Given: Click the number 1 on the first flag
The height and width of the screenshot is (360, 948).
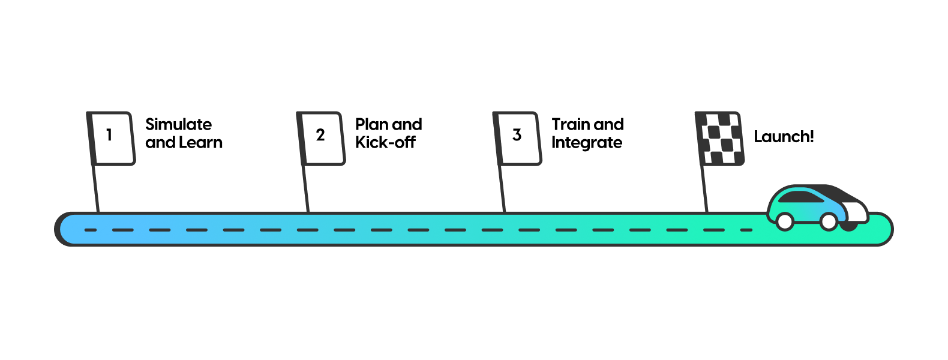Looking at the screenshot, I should coord(109,135).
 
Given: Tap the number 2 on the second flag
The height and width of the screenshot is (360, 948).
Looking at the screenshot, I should coord(320,135).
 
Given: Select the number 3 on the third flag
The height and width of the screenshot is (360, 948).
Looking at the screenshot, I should coord(517,135).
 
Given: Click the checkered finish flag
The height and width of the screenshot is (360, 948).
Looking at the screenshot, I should coord(721,139).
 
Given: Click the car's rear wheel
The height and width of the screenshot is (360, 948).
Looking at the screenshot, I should coord(785,221).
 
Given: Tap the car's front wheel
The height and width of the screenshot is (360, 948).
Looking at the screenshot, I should coord(829,221).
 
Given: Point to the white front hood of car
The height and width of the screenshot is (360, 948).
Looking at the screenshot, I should coord(855,211).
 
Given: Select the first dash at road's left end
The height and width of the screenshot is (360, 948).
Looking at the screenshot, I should coord(91,230).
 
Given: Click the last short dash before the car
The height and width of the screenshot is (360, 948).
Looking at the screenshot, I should coord(746,230).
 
